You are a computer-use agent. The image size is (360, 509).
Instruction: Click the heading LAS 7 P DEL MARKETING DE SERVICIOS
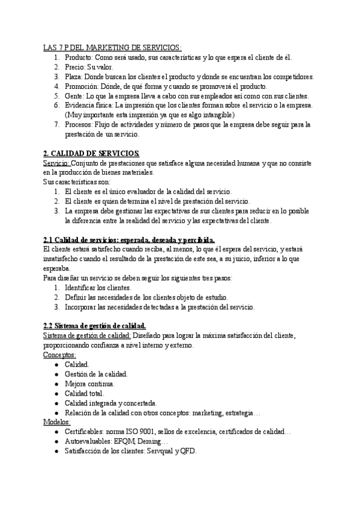point(112,47)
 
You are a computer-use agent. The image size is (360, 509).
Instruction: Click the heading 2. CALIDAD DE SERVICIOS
point(91,154)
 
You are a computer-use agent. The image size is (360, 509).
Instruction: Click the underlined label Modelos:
point(57,422)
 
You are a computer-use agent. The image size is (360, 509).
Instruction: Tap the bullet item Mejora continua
point(89,384)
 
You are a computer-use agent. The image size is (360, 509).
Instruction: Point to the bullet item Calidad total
point(84,393)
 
